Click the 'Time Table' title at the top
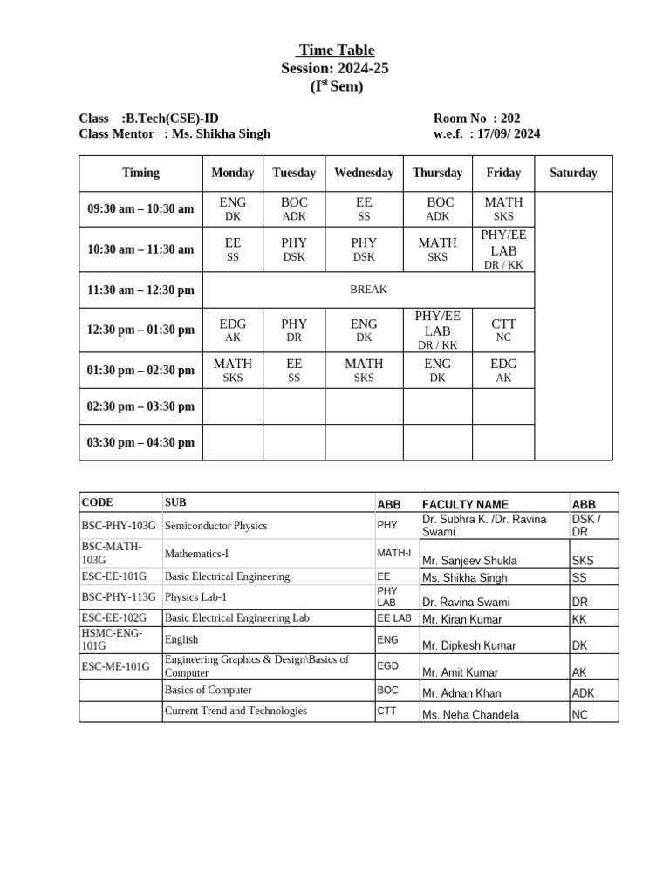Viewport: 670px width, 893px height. [336, 51]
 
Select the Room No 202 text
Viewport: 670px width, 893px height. [476, 119]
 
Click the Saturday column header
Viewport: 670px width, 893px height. [573, 173]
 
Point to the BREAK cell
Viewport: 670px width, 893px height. [367, 290]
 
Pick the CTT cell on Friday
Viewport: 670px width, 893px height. [503, 330]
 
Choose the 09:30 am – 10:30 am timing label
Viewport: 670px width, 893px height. [140, 209]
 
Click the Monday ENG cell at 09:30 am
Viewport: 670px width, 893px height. [233, 209]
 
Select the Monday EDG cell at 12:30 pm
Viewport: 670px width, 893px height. [233, 330]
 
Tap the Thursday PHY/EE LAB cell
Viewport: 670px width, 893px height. [437, 330]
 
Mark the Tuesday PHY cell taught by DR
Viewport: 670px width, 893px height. [294, 330]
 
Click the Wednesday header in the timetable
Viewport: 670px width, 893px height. [364, 173]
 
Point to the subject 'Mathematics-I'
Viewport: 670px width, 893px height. [198, 553]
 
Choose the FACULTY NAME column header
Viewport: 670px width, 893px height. [465, 504]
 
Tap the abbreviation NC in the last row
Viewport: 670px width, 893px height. [580, 715]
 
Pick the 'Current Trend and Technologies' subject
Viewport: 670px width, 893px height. [236, 711]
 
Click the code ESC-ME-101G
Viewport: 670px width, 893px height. [115, 666]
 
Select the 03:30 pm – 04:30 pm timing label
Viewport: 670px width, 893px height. [140, 442]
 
